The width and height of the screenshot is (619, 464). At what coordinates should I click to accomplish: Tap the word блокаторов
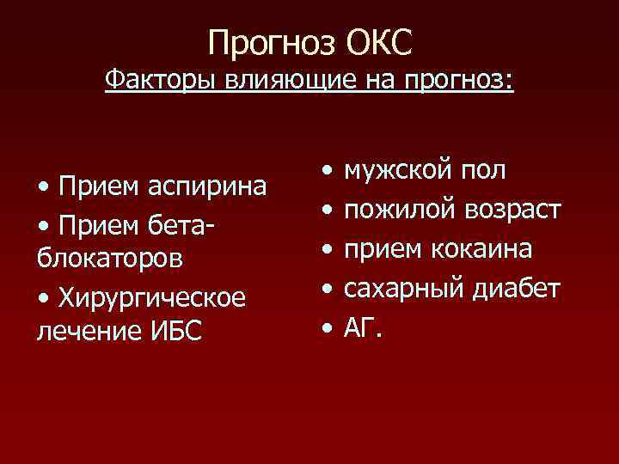104,258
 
